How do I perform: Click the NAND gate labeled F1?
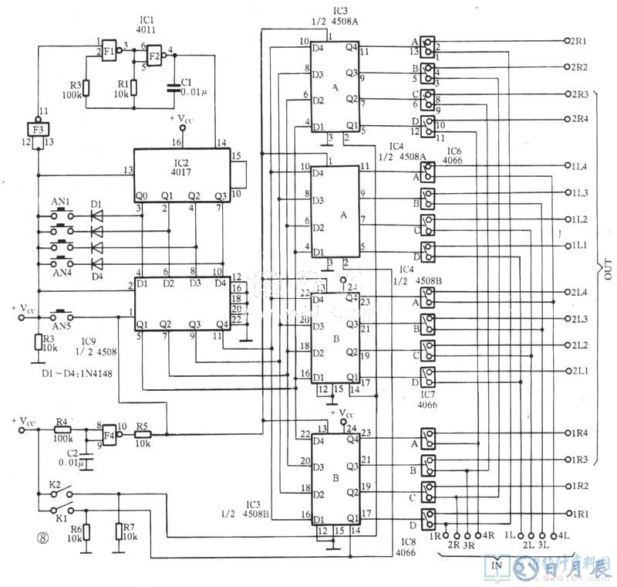click(x=110, y=48)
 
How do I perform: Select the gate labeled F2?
click(x=154, y=56)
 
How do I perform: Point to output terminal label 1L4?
click(x=578, y=167)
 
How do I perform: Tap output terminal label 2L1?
click(x=578, y=371)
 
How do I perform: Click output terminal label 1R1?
click(x=578, y=513)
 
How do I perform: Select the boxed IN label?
click(x=497, y=564)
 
